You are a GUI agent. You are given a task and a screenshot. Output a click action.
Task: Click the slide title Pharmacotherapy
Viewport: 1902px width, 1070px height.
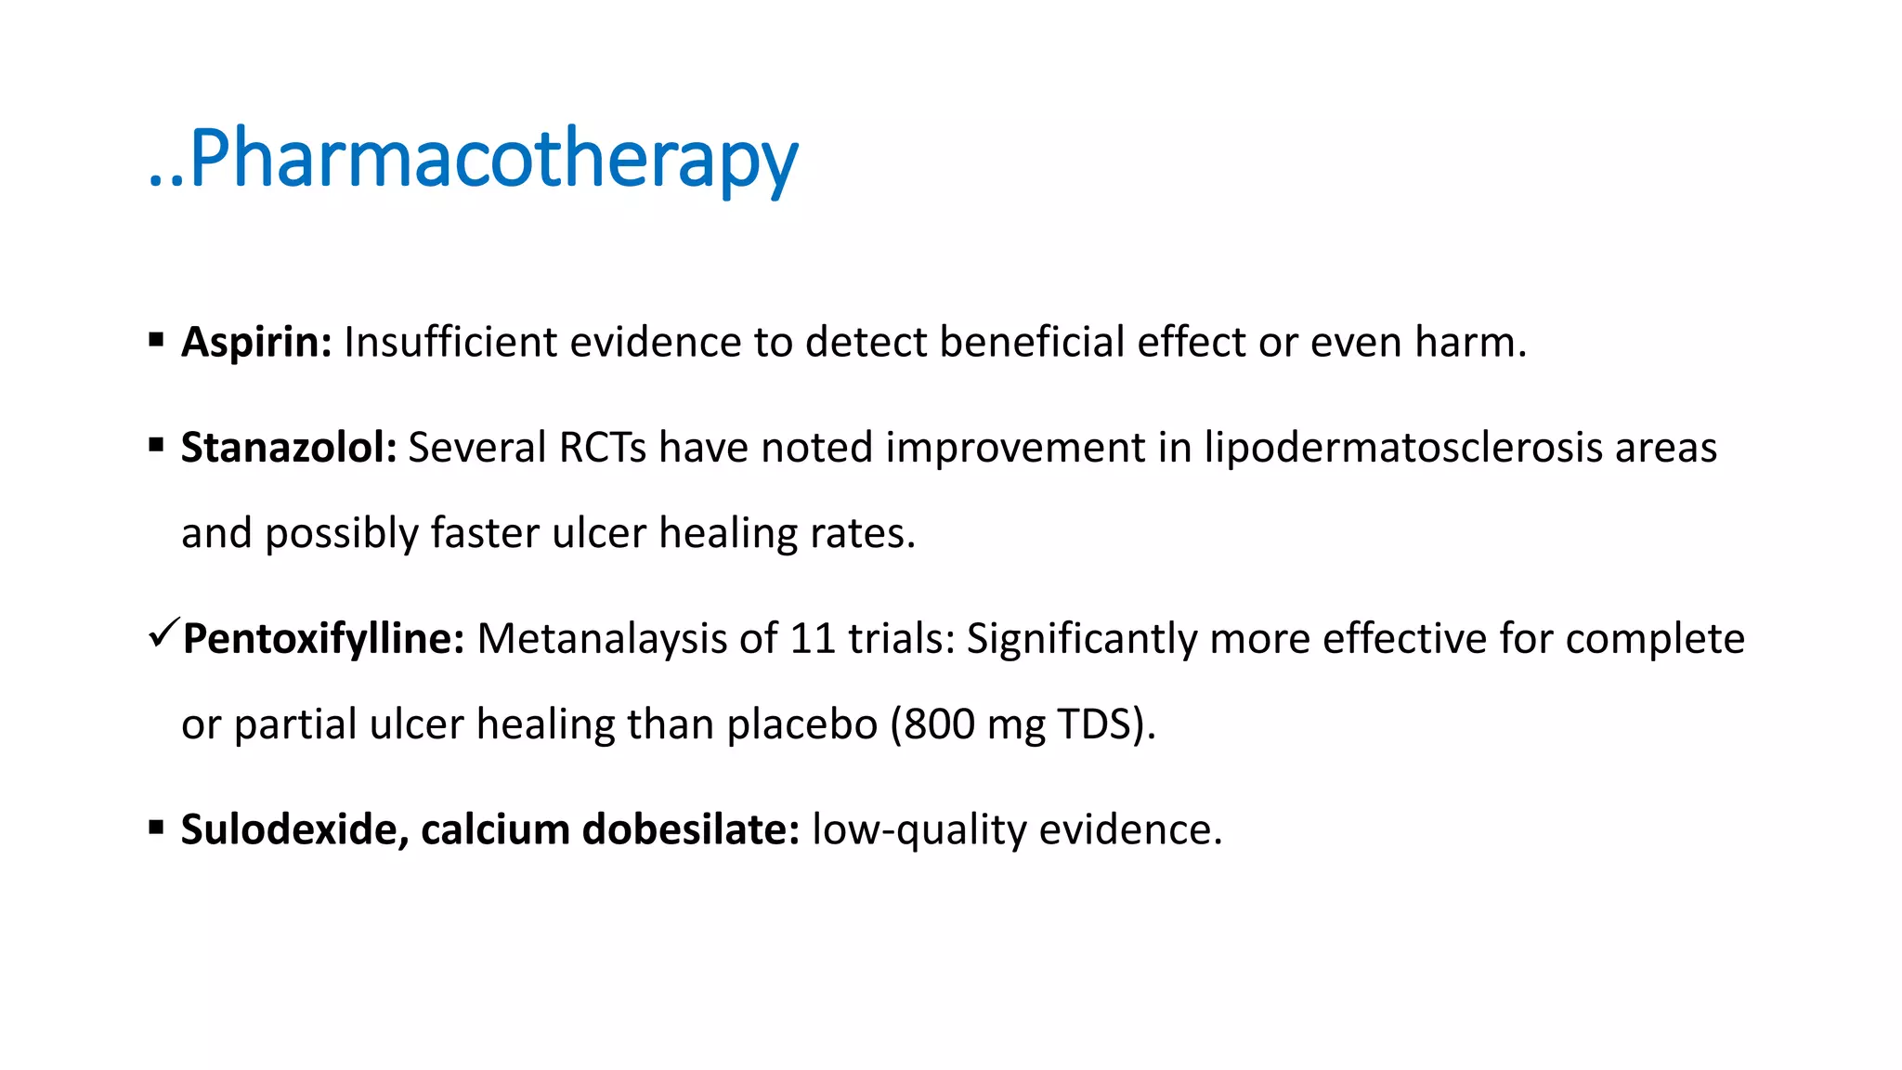(x=474, y=158)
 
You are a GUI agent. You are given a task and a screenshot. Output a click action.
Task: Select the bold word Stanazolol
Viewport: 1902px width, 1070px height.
(x=289, y=448)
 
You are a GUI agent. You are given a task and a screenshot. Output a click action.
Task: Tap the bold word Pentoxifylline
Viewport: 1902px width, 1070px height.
(x=323, y=639)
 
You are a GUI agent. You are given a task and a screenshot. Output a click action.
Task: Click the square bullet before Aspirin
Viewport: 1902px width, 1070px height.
(x=156, y=340)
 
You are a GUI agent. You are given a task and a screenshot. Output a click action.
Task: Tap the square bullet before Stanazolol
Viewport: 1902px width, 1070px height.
(x=156, y=446)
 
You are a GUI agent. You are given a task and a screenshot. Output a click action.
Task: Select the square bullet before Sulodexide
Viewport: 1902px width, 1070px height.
(x=156, y=827)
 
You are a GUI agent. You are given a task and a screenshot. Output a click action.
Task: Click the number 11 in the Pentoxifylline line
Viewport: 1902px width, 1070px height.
(x=813, y=639)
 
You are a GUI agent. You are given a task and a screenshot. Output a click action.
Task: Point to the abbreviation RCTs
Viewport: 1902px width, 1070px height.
(x=603, y=448)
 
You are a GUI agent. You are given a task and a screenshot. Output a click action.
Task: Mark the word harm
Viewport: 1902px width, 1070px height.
(x=1470, y=342)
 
